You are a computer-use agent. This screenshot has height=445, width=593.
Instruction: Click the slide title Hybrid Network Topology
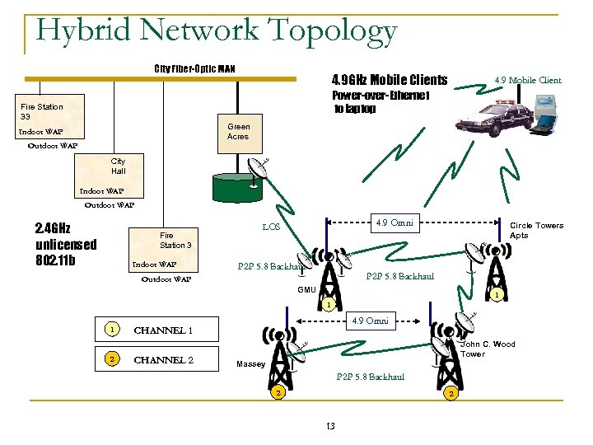click(217, 30)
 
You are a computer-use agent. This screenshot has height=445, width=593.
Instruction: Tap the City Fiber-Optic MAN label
click(194, 68)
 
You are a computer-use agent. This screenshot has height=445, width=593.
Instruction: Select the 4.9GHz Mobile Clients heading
click(389, 80)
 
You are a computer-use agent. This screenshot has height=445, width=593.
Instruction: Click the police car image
click(497, 118)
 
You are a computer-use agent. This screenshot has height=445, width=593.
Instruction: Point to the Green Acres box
click(239, 132)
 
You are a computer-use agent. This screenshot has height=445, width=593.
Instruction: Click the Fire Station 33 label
click(41, 111)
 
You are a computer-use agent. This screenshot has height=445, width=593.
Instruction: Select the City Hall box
click(119, 166)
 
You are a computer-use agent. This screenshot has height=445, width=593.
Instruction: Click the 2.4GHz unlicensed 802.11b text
click(66, 244)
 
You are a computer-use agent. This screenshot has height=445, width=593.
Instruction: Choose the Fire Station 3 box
click(175, 240)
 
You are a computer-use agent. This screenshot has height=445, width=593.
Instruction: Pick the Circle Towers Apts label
click(536, 230)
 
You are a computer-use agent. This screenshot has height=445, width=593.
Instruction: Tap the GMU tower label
click(306, 290)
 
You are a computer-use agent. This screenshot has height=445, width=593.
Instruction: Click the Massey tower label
click(250, 363)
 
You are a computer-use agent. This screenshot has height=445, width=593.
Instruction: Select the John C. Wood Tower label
click(488, 349)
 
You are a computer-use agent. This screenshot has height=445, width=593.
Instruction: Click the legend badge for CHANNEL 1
click(111, 330)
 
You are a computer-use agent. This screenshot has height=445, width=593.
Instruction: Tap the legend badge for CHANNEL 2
click(111, 360)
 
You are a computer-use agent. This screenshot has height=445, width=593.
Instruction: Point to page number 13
click(330, 425)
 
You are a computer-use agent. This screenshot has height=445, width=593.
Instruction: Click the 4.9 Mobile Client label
click(527, 80)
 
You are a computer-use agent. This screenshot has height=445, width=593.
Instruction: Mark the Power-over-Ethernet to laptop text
click(380, 102)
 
